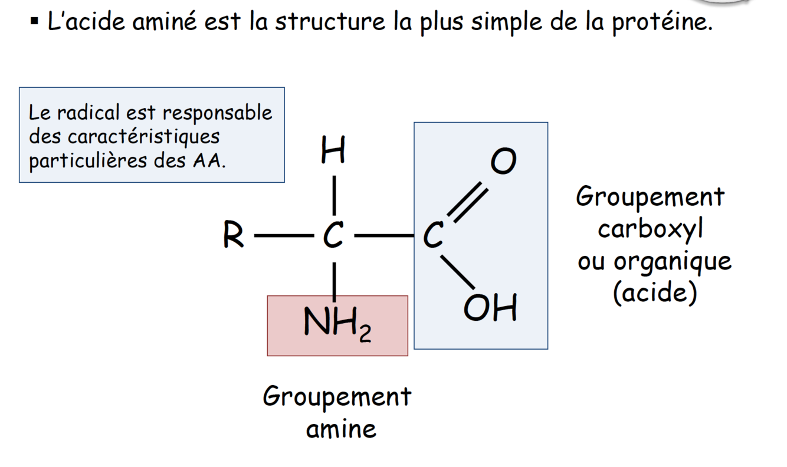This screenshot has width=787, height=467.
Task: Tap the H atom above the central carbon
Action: (x=333, y=152)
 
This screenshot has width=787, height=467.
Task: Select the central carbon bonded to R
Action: (x=333, y=238)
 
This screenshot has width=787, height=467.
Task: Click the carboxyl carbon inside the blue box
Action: (x=434, y=238)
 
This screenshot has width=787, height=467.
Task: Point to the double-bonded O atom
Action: (x=503, y=162)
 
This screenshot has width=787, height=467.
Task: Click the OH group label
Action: (x=490, y=308)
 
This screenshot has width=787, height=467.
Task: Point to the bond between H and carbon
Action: (x=334, y=194)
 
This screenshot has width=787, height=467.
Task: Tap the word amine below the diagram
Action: (x=341, y=429)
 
